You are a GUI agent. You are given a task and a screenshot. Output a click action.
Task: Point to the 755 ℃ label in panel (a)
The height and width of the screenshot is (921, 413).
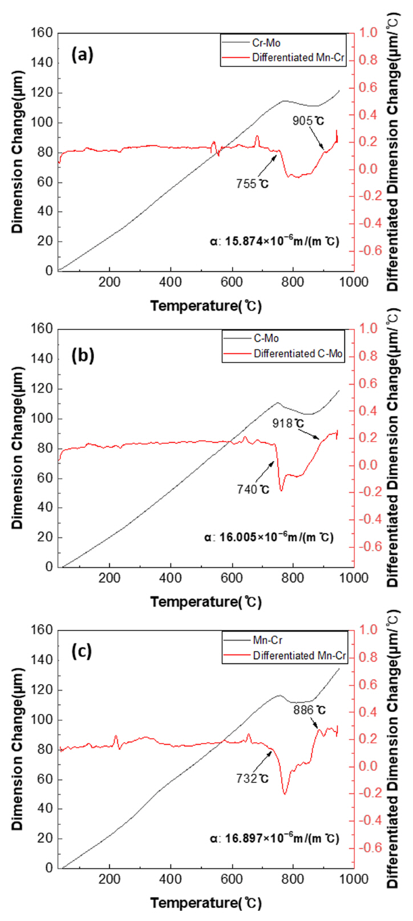tap(252, 184)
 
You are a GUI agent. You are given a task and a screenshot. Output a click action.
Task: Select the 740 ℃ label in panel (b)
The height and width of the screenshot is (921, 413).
tap(253, 489)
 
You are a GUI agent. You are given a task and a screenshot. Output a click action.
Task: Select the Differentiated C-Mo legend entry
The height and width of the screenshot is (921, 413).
tap(298, 354)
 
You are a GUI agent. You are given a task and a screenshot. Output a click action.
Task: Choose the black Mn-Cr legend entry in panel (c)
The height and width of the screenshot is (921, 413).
tap(268, 641)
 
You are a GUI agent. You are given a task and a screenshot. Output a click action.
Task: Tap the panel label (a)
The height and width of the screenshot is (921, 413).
tap(82, 55)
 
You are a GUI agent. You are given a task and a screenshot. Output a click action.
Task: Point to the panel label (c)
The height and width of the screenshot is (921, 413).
tap(82, 651)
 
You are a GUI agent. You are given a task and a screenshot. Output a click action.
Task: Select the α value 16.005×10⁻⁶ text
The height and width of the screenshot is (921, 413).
tap(269, 537)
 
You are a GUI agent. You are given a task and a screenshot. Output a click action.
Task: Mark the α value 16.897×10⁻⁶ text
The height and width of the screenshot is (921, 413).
tap(274, 838)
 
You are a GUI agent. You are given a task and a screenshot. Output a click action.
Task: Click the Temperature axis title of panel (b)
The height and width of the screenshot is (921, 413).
tap(206, 601)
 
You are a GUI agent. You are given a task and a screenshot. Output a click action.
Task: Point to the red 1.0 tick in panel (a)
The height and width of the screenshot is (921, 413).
tap(368, 33)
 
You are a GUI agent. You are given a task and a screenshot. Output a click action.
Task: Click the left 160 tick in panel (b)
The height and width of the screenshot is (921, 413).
tap(46, 329)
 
